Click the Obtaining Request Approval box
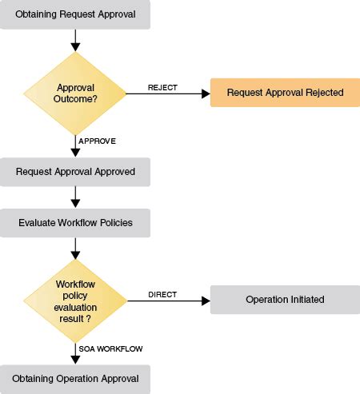pos(75,15)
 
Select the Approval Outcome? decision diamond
pos(75,94)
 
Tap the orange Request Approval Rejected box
pos(284,93)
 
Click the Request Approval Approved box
pos(75,171)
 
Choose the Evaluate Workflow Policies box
pos(75,222)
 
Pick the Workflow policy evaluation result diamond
pos(75,300)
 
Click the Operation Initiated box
pos(284,300)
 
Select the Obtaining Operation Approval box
pos(75,378)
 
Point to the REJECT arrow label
pos(162,87)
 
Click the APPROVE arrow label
pos(97,141)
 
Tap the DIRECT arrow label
pos(162,294)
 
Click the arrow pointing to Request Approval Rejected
pos(168,94)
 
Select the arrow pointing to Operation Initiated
pos(168,301)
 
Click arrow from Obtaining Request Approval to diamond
pos(75,38)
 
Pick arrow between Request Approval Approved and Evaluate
pos(75,196)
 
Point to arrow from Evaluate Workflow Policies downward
pos(75,247)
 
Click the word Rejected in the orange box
pos(324,93)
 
